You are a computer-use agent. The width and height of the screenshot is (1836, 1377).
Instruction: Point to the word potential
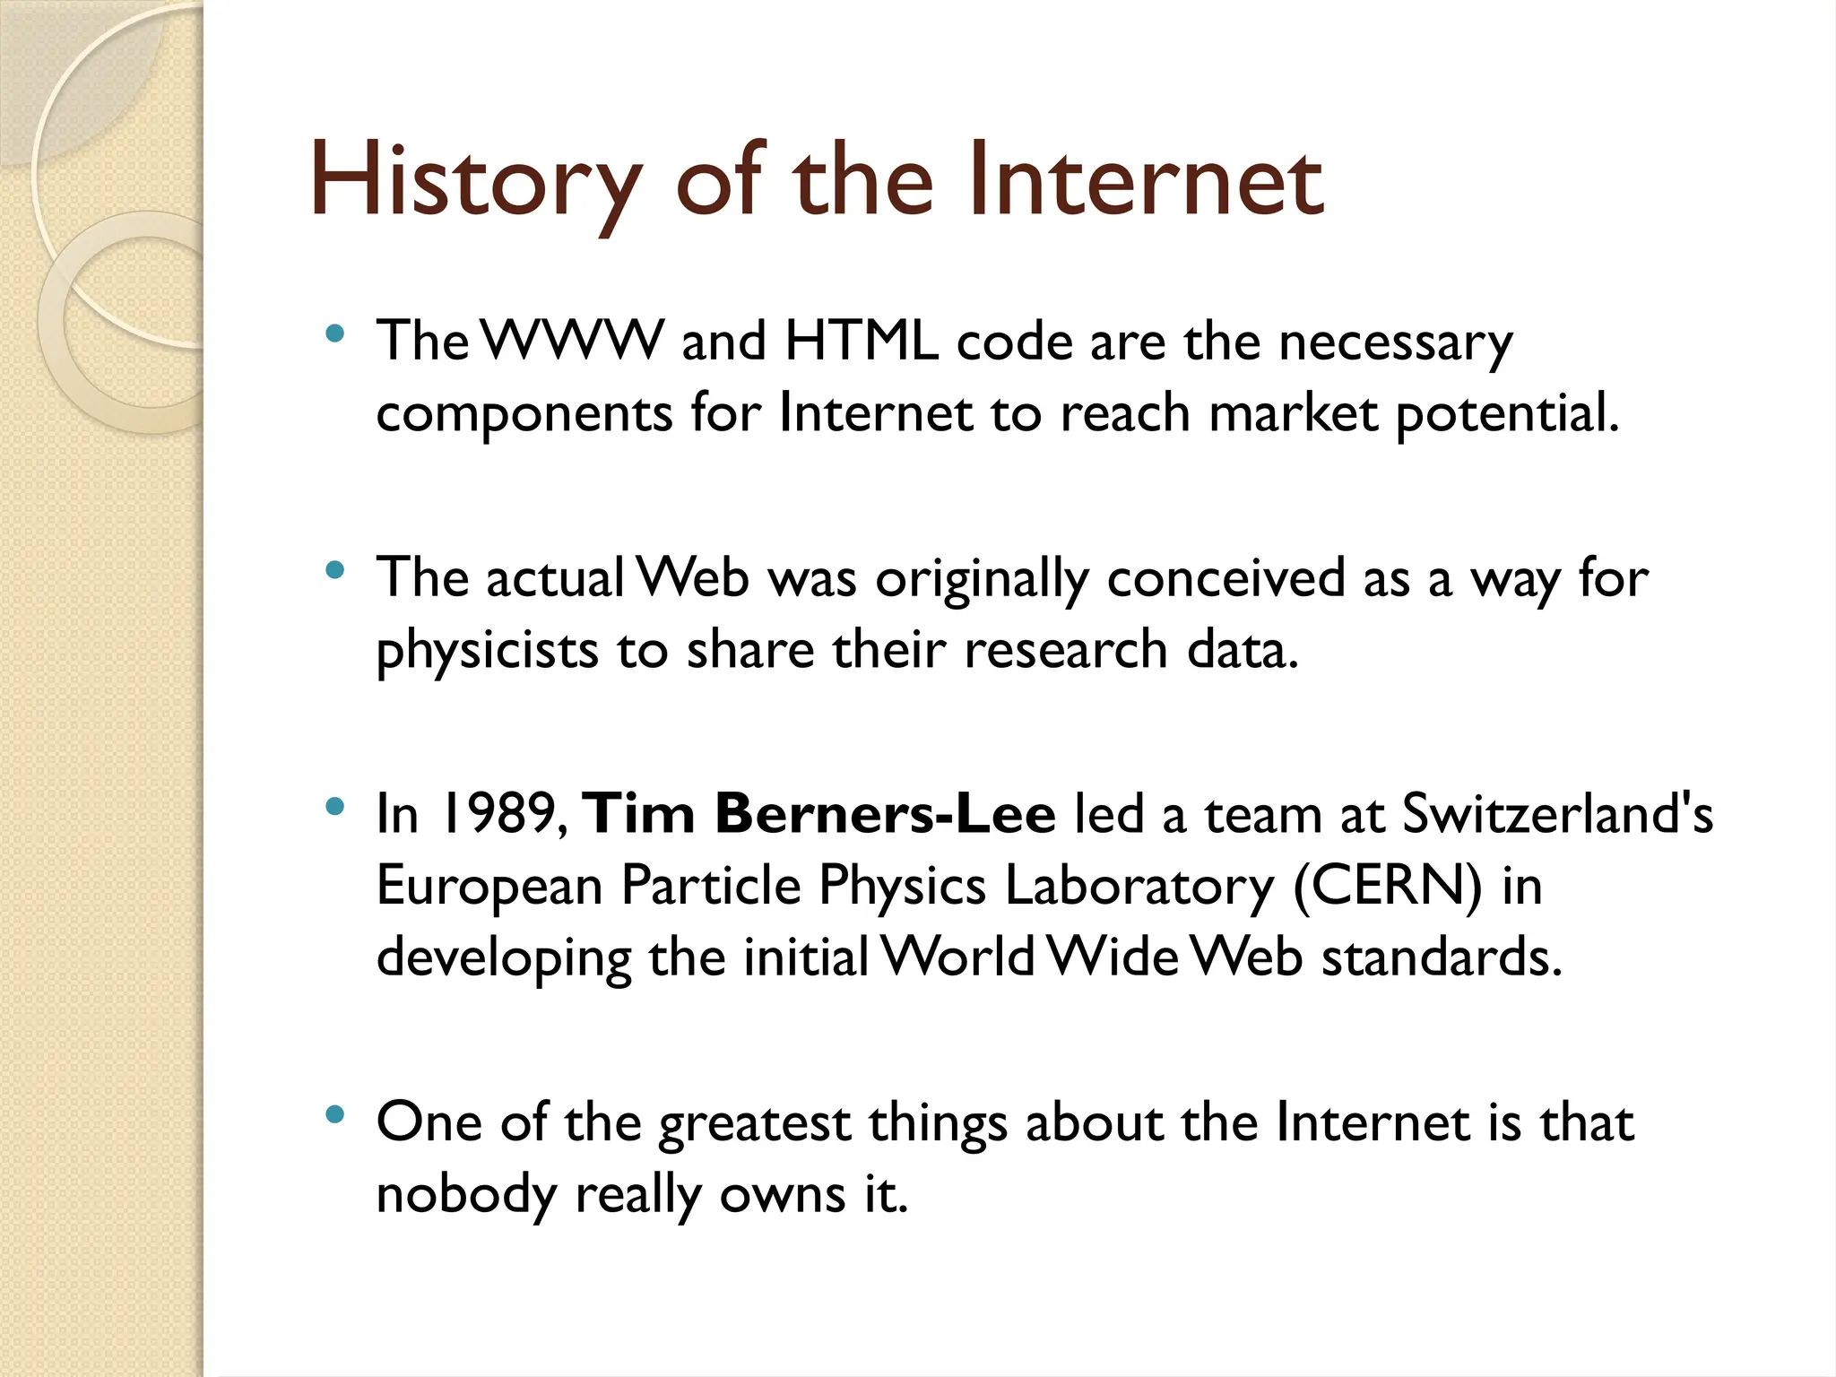(1507, 414)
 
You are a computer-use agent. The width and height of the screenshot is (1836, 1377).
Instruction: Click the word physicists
(486, 650)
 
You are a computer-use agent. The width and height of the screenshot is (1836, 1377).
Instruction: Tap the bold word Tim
(639, 814)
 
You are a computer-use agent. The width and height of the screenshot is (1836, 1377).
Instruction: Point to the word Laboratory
(1139, 886)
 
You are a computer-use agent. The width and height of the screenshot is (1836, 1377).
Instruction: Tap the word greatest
(755, 1124)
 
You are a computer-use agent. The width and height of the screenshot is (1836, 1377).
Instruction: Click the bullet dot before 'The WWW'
(335, 335)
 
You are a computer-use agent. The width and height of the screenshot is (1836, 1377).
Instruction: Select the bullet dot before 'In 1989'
(335, 807)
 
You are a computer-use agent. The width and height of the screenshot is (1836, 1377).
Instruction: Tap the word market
(1293, 414)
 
